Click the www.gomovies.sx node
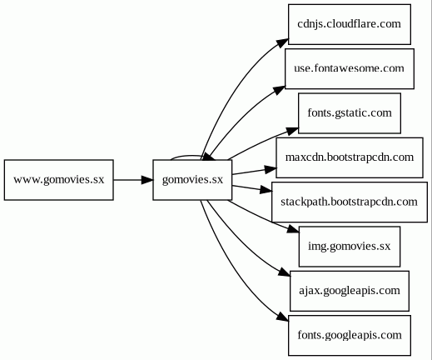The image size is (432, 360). pyautogui.click(x=59, y=180)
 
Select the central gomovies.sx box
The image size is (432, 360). pyautogui.click(x=192, y=180)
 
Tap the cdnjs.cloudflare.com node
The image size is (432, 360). pyautogui.click(x=350, y=24)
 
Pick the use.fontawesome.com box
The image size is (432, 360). pyautogui.click(x=350, y=69)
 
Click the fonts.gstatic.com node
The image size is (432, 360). pyautogui.click(x=350, y=113)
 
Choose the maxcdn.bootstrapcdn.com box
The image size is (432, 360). pyautogui.click(x=350, y=157)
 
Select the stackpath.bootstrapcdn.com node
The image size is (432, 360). pyautogui.click(x=350, y=202)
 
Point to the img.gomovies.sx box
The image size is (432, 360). pyautogui.click(x=350, y=247)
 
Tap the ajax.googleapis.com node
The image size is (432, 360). pyautogui.click(x=350, y=291)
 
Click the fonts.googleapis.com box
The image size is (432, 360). pyautogui.click(x=350, y=335)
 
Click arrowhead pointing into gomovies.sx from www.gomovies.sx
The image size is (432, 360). pyautogui.click(x=147, y=180)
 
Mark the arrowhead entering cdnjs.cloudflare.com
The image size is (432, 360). pyautogui.click(x=283, y=43)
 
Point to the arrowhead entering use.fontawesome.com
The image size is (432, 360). pyautogui.click(x=280, y=90)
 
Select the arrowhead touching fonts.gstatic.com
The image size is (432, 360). pyautogui.click(x=292, y=131)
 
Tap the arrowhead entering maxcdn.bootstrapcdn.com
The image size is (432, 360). pyautogui.click(x=271, y=169)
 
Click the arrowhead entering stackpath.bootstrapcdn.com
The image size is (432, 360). pyautogui.click(x=266, y=190)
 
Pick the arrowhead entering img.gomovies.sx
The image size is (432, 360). pyautogui.click(x=293, y=229)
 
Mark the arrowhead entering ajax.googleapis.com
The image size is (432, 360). pyautogui.click(x=285, y=272)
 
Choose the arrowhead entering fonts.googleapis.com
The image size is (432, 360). pyautogui.click(x=282, y=317)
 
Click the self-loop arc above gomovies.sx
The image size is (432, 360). pyautogui.click(x=186, y=156)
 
